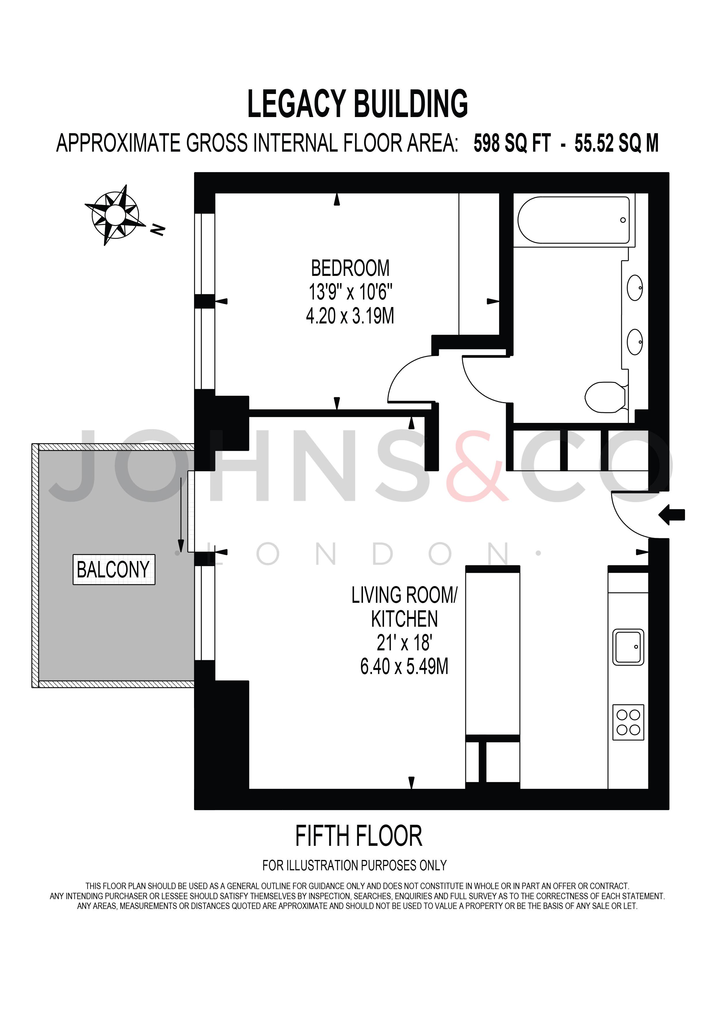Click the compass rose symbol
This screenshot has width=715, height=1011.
pos(115,215)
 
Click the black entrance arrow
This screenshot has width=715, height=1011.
pos(671,515)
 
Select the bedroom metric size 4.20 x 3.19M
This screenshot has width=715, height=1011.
pos(350,316)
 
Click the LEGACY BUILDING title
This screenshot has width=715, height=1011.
pos(357,104)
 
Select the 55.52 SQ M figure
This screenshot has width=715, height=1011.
pos(616,144)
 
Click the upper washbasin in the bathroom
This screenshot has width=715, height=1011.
pos(635,288)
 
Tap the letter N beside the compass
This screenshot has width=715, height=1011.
pos(157,229)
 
